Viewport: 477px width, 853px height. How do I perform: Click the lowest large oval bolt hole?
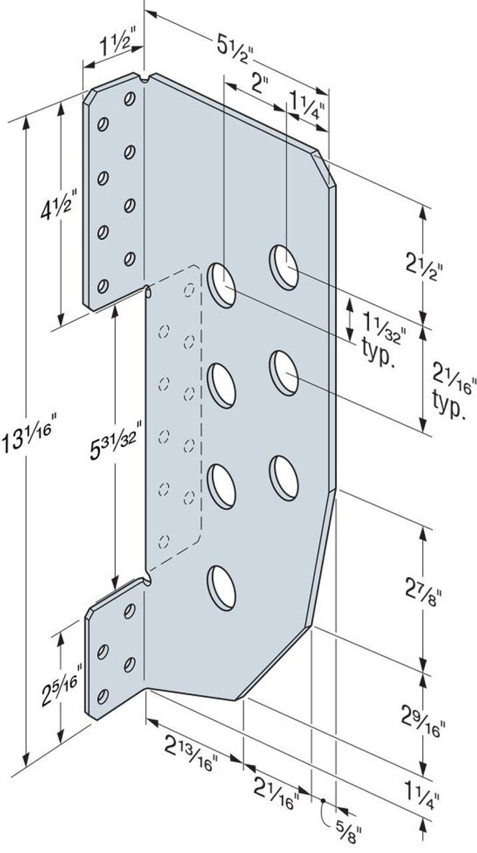[223, 586]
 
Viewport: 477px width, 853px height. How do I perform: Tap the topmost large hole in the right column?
[284, 267]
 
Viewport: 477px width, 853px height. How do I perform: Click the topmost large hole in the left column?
[222, 285]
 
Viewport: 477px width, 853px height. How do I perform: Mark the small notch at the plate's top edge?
[145, 81]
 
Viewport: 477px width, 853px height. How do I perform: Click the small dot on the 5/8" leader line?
[322, 801]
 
